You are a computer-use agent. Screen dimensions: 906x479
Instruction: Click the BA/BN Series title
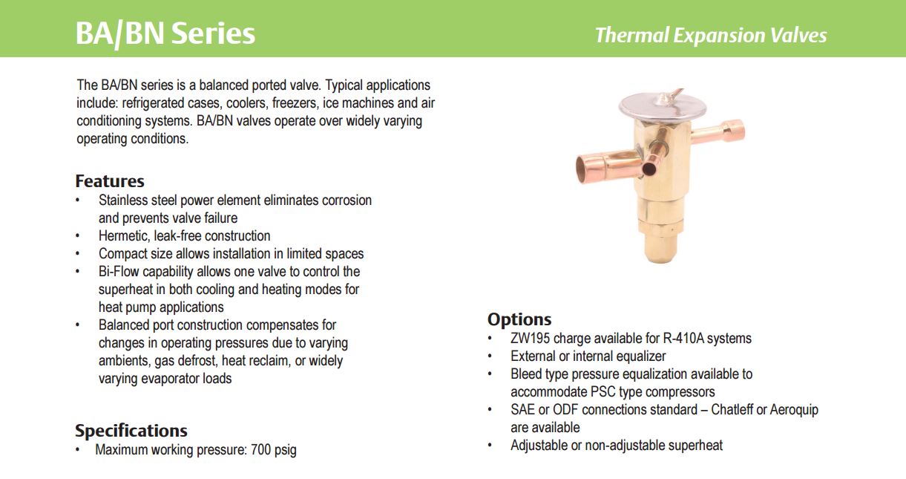coord(165,33)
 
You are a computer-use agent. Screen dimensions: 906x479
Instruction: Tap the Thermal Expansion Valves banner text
coord(711,35)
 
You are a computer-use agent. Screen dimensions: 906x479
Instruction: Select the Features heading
coord(110,181)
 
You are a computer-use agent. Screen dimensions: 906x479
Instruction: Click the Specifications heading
coord(131,431)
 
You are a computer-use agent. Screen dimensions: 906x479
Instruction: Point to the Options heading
coord(519,319)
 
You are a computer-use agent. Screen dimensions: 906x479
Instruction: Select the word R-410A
coord(683,338)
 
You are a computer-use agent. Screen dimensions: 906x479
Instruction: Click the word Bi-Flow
coord(119,271)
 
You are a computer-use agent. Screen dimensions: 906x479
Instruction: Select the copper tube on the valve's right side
coord(718,133)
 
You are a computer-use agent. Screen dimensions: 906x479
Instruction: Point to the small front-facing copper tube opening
coord(649,169)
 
